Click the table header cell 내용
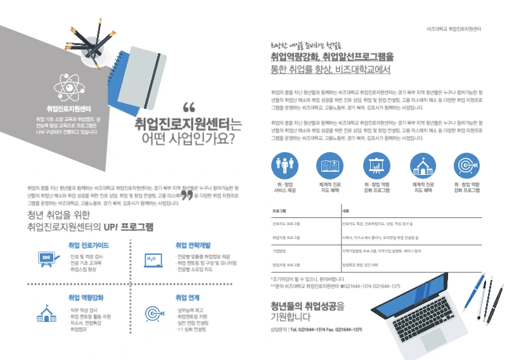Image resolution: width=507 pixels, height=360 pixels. coord(346,210)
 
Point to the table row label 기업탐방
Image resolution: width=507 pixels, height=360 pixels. coord(279,251)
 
